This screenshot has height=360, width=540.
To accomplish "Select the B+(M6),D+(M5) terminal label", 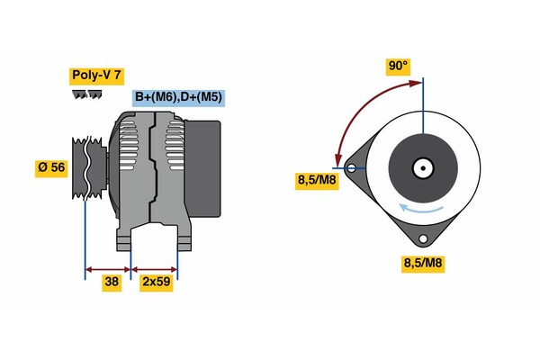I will point(178,97).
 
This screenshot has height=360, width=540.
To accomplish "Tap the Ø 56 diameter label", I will point(51,167).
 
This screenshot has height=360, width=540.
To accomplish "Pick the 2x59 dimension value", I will point(157,281).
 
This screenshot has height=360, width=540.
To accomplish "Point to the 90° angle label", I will point(398,66).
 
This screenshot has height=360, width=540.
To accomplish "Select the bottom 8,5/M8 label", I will point(422,263).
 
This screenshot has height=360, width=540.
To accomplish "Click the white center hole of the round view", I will point(423,167).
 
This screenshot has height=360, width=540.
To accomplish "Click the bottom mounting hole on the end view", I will point(422,238).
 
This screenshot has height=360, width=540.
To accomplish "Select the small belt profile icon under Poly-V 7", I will point(85,94).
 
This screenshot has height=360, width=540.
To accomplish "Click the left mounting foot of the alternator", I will point(123,241).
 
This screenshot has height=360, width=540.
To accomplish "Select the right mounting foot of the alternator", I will point(183,241).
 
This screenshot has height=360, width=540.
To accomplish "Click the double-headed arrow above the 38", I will point(108,268).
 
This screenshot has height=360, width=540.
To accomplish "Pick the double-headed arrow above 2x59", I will point(155,268).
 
